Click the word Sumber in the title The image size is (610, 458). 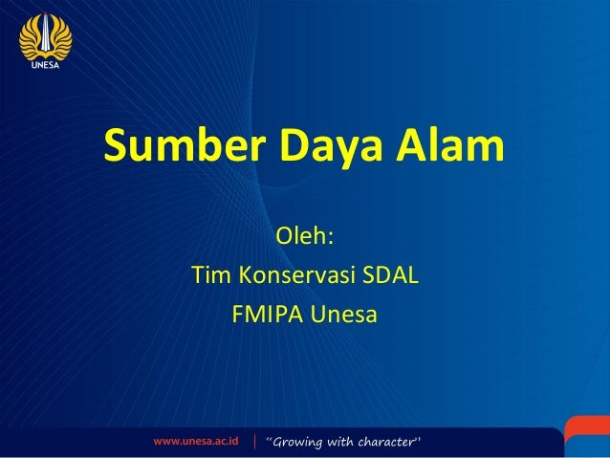tap(183, 148)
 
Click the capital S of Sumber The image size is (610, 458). tap(117, 148)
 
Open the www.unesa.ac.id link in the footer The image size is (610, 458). tap(196, 442)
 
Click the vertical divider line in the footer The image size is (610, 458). tap(254, 442)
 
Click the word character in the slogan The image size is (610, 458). tap(392, 442)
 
